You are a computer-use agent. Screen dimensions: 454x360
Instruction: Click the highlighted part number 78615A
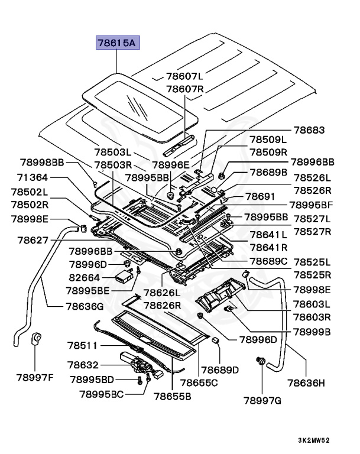tap(116, 44)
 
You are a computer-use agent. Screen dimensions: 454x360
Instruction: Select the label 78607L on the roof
tap(184, 76)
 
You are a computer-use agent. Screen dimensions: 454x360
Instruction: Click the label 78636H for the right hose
tap(306, 383)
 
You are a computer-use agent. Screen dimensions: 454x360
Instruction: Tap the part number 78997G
tap(262, 401)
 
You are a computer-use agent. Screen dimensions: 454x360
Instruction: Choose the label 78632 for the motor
tap(83, 366)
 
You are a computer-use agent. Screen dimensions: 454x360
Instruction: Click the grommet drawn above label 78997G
tap(260, 361)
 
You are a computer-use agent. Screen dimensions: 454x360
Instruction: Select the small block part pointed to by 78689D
tap(216, 340)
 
